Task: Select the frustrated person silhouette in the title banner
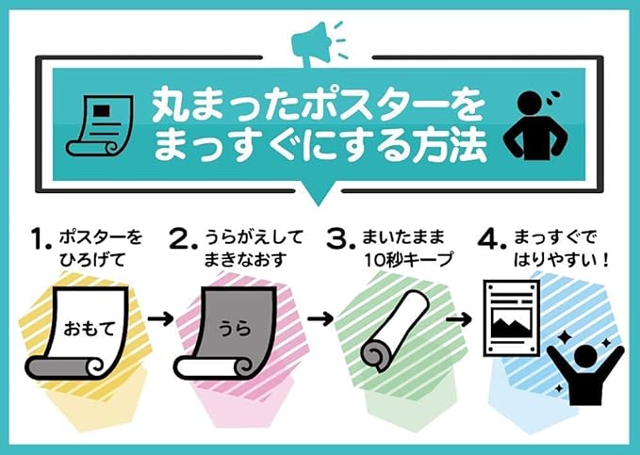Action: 539,124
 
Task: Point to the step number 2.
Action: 179,243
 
